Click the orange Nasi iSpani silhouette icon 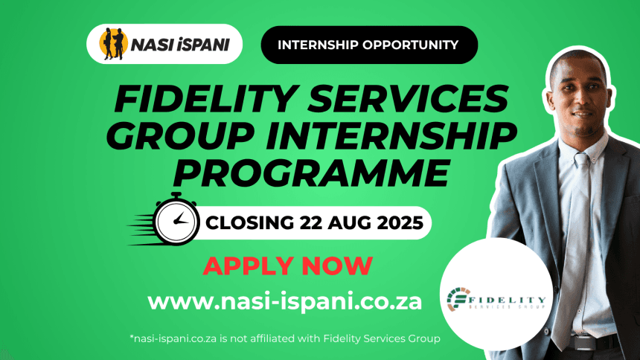pos(113,44)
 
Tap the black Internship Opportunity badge pos(369,45)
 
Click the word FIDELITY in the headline pos(205,98)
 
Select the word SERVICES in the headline pos(408,98)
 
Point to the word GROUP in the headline pos(179,136)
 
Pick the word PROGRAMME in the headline pos(311,173)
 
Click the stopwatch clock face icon pos(176,221)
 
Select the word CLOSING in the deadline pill pos(249,223)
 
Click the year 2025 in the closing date pos(400,223)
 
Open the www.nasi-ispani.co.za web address pos(284,303)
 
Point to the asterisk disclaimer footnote pos(285,338)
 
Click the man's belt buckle pos(586,343)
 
